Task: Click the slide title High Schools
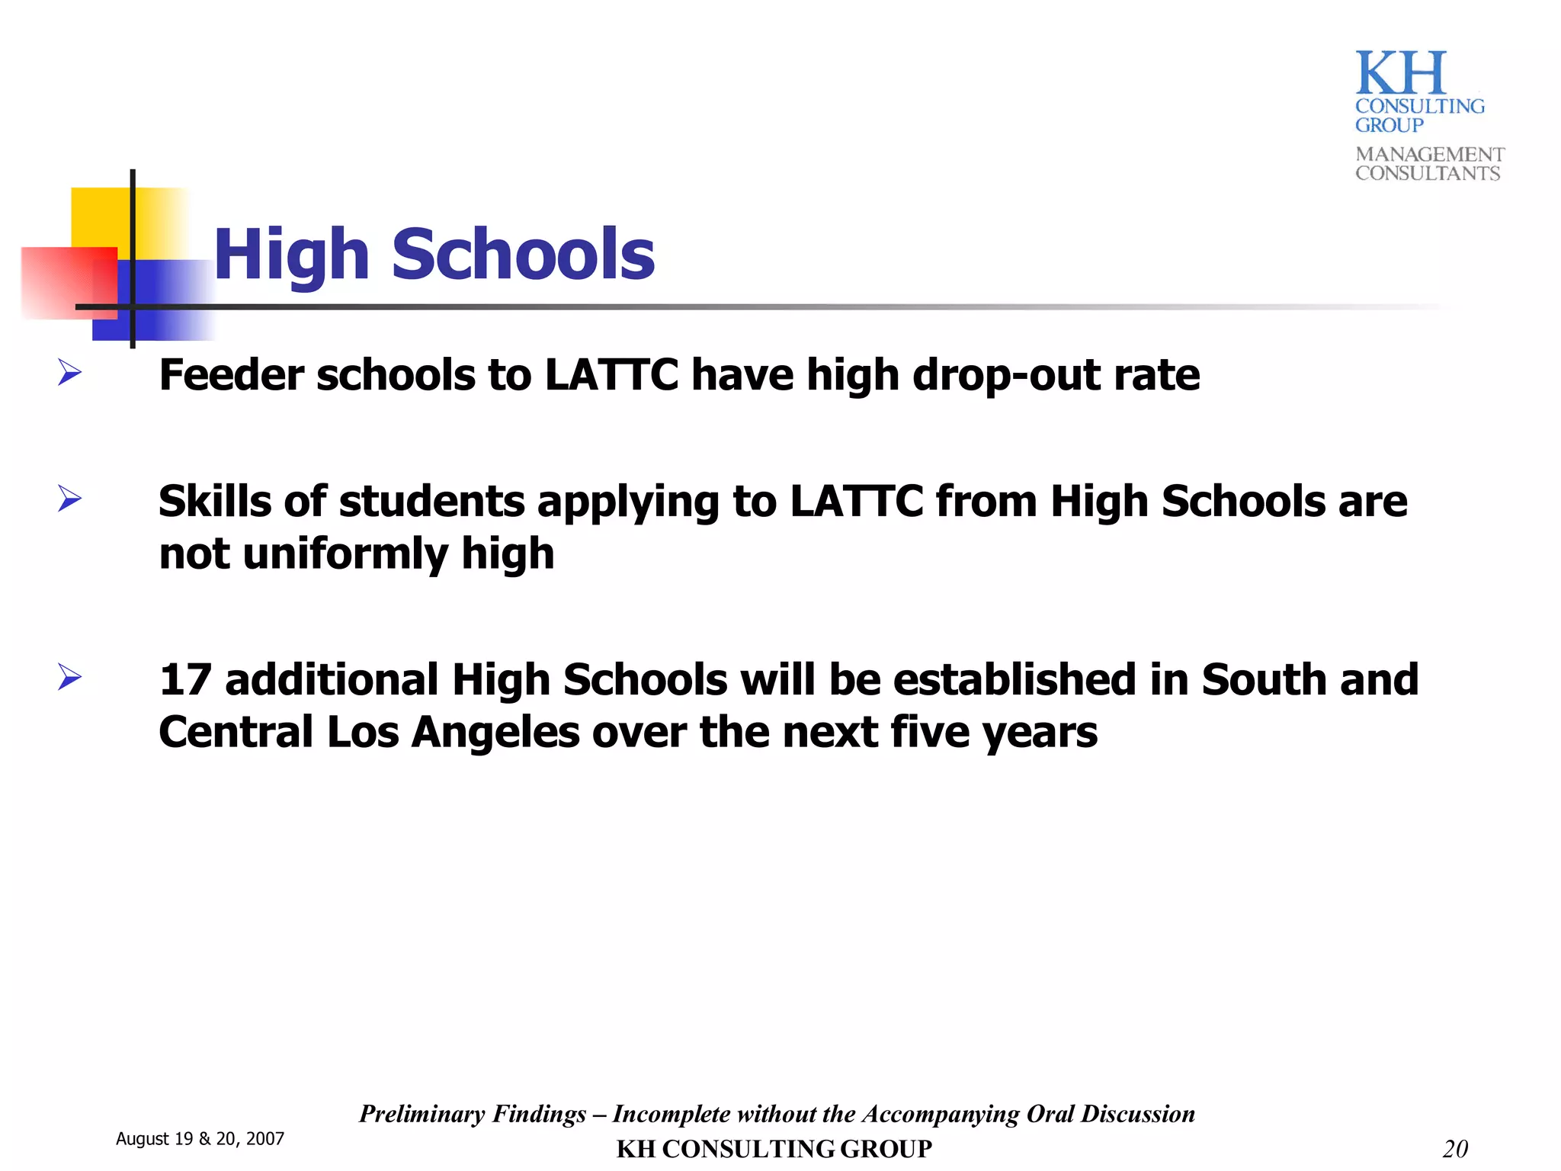(434, 255)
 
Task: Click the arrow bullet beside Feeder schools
(69, 374)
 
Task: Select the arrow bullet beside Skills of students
(69, 499)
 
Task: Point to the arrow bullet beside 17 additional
(69, 677)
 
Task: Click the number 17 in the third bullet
(184, 680)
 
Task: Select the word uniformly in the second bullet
(345, 553)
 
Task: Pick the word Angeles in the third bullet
(495, 733)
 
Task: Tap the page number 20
(1454, 1148)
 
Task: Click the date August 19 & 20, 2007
(200, 1139)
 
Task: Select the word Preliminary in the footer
(422, 1114)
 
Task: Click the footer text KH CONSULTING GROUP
(774, 1148)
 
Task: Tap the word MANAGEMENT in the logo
(1429, 154)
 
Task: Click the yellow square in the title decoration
(100, 217)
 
